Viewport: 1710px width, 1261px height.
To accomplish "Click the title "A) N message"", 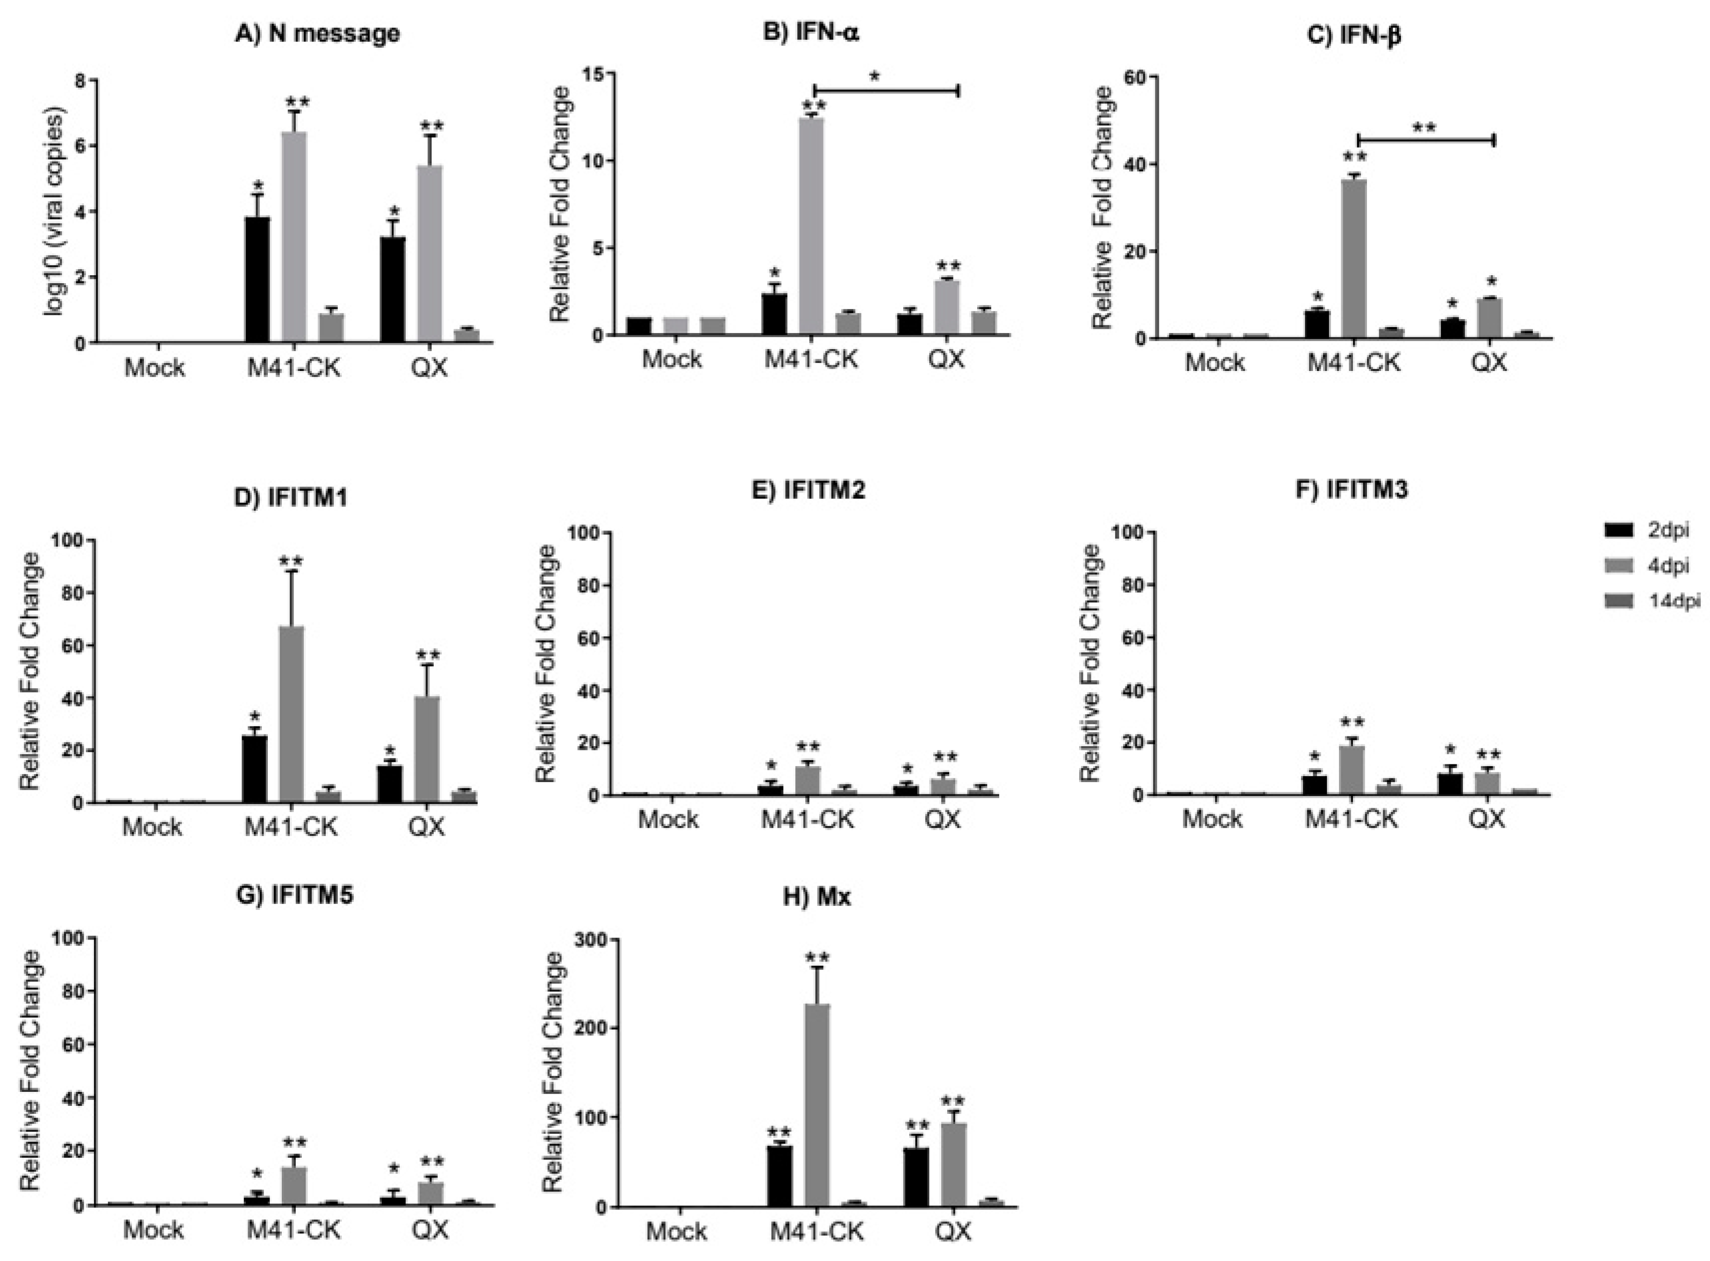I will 316,34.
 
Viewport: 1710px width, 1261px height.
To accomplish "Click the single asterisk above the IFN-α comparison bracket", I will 876,77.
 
